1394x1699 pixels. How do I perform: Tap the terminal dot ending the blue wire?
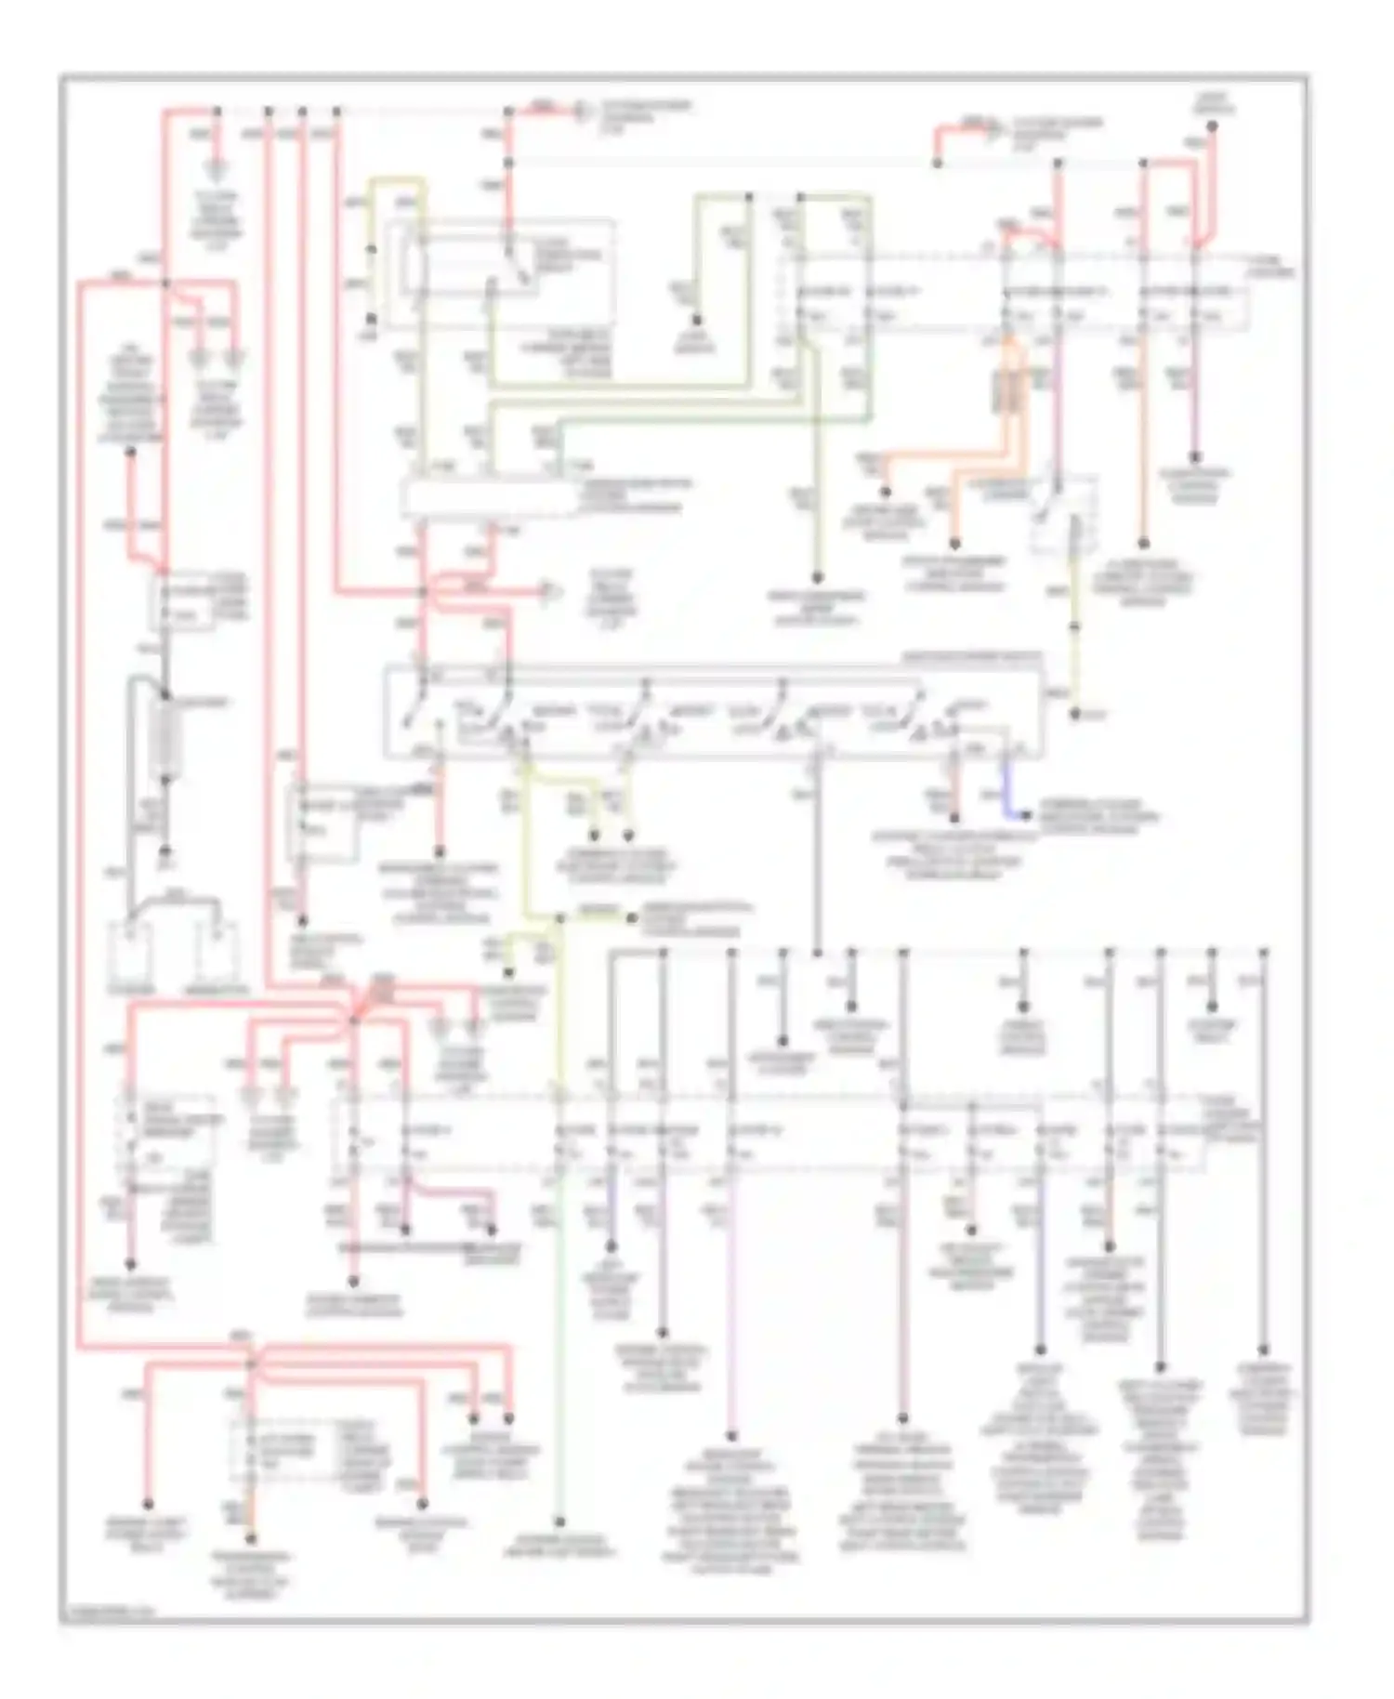(x=1027, y=816)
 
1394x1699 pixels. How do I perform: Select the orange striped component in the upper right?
(x=1009, y=390)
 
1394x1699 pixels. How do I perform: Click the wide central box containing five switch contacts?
(x=712, y=711)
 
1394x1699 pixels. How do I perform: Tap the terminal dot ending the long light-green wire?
(x=560, y=1522)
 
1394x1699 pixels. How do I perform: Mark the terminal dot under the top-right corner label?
(x=1212, y=125)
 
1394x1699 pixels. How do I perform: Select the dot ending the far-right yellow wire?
(x=1075, y=714)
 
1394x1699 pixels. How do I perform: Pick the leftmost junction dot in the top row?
(x=217, y=111)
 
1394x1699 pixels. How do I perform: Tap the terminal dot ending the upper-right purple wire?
(x=1195, y=457)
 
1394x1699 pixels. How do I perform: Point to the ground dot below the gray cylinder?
(x=166, y=850)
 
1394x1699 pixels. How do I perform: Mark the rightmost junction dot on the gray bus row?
(x=1264, y=952)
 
